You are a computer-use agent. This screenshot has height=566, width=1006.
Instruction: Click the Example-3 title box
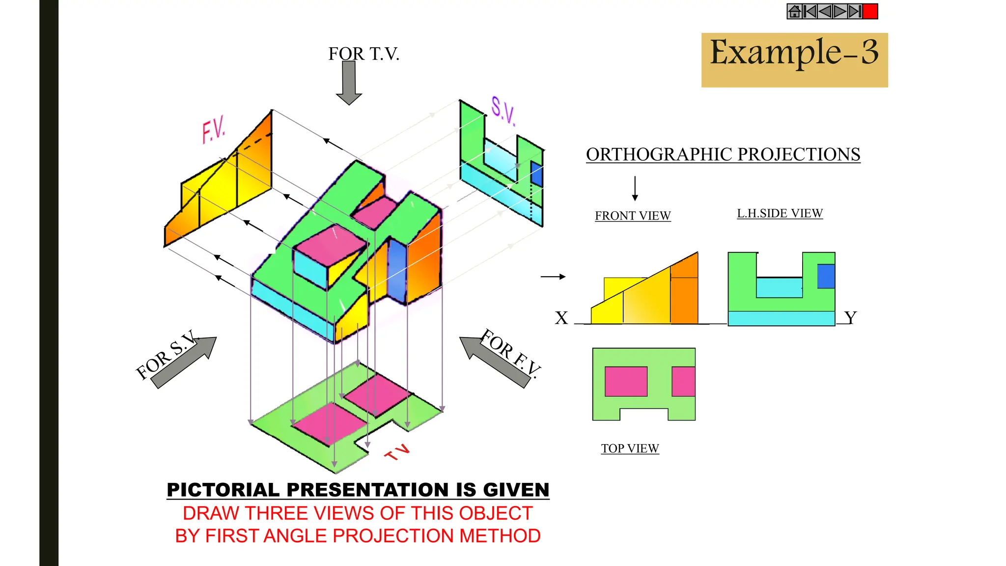tap(794, 60)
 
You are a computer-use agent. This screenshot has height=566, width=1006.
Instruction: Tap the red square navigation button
tap(870, 11)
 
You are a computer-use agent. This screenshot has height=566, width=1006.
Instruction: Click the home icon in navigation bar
tap(794, 11)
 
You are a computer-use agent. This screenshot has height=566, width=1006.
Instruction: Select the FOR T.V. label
tap(363, 54)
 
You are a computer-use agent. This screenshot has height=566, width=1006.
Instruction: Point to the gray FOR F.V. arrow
tap(494, 361)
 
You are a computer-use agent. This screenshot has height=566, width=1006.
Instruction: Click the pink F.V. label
tap(213, 130)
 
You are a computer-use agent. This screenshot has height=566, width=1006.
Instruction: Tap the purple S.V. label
tap(503, 111)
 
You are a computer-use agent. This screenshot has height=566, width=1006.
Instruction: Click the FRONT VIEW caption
tap(633, 216)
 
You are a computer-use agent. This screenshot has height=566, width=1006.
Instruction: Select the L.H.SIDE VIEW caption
tap(780, 213)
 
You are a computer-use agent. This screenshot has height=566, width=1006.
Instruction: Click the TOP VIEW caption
tap(630, 449)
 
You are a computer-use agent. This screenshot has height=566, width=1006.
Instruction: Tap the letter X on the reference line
tap(561, 318)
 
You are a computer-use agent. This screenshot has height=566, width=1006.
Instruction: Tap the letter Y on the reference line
tap(850, 317)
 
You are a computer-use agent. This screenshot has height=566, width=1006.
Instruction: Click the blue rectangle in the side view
tap(826, 276)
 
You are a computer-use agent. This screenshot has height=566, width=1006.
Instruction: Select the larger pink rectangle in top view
tap(626, 381)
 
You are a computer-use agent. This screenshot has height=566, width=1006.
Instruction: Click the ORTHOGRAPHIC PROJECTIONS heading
tap(723, 154)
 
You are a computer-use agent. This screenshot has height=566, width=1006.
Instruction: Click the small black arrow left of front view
tap(553, 277)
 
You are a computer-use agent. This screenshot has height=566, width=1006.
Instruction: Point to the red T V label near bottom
tap(397, 452)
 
